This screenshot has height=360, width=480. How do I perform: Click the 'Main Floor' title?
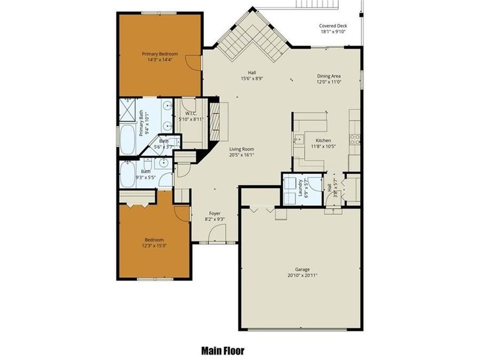[223, 350]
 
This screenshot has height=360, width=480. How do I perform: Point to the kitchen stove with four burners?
[354, 140]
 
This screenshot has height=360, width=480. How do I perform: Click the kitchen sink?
[297, 140]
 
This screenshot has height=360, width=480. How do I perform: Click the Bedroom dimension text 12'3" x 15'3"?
[154, 246]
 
